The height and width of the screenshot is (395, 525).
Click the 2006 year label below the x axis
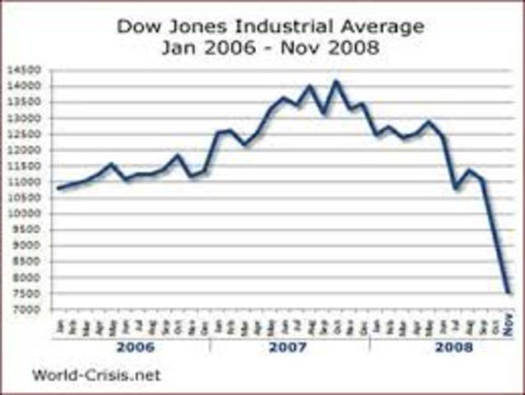pyautogui.click(x=133, y=347)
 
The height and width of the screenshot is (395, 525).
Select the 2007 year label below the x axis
pyautogui.click(x=290, y=347)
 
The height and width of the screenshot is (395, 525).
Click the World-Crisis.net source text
pyautogui.click(x=96, y=375)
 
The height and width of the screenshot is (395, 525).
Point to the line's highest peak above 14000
pyautogui.click(x=335, y=81)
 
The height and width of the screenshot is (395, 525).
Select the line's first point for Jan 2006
pyautogui.click(x=58, y=188)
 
